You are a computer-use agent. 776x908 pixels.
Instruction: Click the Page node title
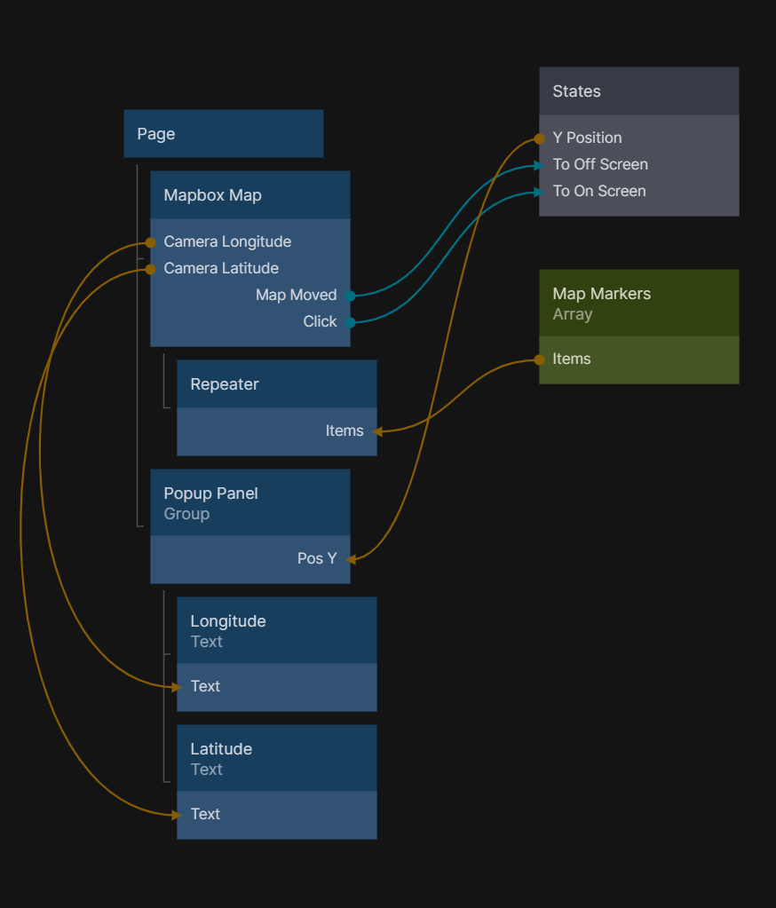[156, 134]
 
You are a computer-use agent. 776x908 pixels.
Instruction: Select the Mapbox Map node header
[213, 195]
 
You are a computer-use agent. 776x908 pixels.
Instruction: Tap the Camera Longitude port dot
[151, 242]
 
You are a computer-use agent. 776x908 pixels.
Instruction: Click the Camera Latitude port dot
[151, 269]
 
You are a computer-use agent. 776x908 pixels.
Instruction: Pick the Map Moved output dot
[351, 296]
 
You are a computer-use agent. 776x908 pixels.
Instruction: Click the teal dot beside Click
[351, 322]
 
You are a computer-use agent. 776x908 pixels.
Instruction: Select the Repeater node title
[225, 384]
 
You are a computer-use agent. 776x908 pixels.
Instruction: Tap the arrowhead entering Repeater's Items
[377, 431]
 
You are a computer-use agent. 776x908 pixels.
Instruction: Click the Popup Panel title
[211, 493]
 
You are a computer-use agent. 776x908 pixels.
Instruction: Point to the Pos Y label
[317, 558]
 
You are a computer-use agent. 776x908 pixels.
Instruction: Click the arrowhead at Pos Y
[351, 559]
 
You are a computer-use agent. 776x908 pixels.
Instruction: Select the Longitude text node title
[228, 621]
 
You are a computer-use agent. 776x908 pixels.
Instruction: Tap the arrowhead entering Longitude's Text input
[178, 686]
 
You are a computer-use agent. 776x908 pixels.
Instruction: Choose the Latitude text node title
[221, 749]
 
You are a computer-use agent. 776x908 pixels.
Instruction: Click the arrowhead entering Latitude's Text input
[178, 814]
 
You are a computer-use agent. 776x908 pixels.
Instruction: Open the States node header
[577, 91]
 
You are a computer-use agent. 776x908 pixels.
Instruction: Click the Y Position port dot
[539, 138]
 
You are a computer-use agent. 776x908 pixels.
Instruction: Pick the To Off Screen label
[600, 164]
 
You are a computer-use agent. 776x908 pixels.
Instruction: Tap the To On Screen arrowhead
[537, 191]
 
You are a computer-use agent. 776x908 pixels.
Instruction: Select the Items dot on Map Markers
[539, 359]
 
